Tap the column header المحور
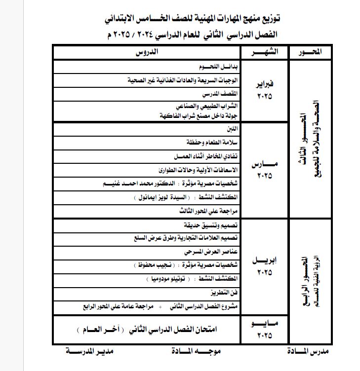312,52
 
